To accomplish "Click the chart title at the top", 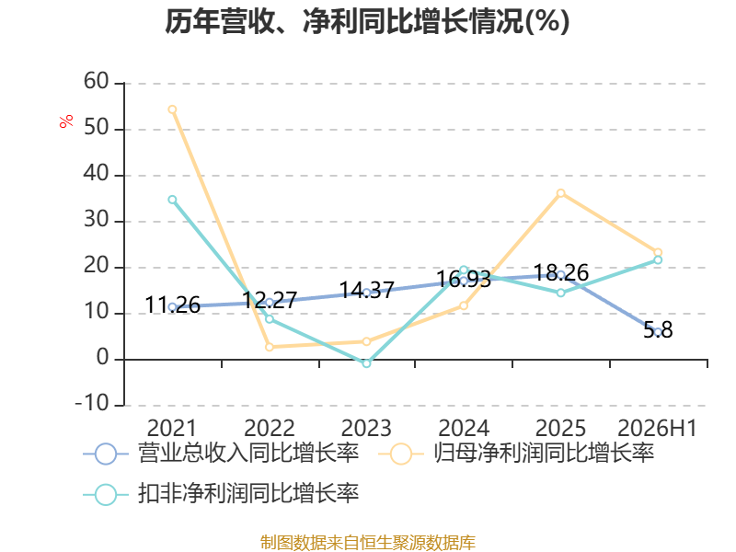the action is coord(367,21).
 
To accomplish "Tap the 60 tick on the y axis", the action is coord(97,81).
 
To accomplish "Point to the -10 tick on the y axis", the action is coord(92,403).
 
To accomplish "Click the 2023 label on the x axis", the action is coord(366,428).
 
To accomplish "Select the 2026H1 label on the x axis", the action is coord(657,428).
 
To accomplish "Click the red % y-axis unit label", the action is coord(66,121).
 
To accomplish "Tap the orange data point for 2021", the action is coord(172,109).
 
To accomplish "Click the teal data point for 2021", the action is coord(172,200).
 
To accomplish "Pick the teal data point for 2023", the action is coord(366,363).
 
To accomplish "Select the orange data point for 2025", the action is coord(560,193).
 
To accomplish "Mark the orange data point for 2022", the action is coord(270,347).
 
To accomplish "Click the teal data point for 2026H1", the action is coord(658,259).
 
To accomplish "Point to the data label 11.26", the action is coord(173,305).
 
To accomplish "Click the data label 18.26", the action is coord(561,272).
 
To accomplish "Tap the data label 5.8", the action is coord(658,330).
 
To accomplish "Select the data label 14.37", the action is coord(366,290).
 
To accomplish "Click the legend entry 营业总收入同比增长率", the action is coord(221,454).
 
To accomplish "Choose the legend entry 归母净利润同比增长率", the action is coord(516,454).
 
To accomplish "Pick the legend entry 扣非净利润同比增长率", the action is coord(221,494).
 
